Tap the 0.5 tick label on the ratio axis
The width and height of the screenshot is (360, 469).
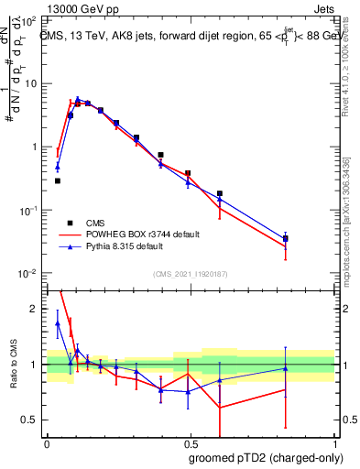coord(31,420)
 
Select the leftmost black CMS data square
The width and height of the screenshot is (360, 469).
coord(58,180)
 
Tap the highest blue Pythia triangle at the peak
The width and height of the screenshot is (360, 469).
coord(78,99)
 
